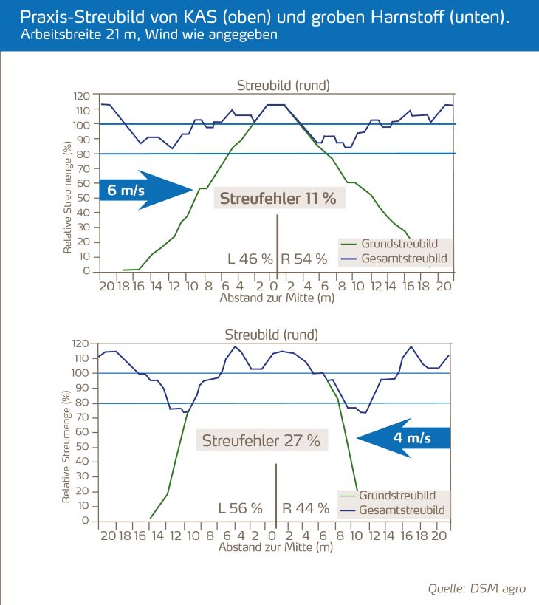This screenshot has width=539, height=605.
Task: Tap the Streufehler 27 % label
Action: tap(261, 441)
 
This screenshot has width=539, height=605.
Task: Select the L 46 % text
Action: tap(251, 259)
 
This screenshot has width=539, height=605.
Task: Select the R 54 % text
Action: tap(303, 259)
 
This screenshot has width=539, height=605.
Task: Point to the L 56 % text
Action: tap(240, 508)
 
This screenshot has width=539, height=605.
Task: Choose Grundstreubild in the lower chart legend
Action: tap(396, 496)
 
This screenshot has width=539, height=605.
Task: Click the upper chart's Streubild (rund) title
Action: tap(284, 85)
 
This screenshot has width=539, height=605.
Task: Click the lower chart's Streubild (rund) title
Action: tap(272, 335)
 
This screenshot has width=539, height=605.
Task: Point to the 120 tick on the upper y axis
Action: tap(81, 96)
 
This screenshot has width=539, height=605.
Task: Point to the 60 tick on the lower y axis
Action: tap(83, 432)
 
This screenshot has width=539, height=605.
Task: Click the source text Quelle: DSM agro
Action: tap(477, 589)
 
